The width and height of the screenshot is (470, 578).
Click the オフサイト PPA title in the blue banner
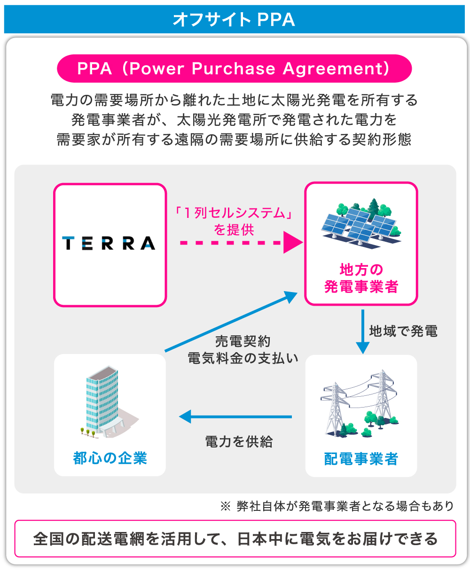[234, 19]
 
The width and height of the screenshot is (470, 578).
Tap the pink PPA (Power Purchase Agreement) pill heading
[234, 69]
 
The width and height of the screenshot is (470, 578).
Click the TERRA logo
[109, 243]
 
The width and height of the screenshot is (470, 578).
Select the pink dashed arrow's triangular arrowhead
[292, 243]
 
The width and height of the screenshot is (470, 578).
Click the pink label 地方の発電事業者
[361, 278]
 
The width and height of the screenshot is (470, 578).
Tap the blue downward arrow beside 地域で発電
[362, 331]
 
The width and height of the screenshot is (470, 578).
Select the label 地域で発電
[403, 331]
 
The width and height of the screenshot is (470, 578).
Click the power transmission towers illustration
[360, 403]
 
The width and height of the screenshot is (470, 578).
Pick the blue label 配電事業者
[361, 459]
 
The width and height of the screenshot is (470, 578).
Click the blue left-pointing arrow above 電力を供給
[235, 416]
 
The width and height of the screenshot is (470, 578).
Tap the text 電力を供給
[239, 441]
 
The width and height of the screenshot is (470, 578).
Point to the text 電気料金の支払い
[243, 358]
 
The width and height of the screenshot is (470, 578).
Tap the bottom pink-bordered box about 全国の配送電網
[235, 538]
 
